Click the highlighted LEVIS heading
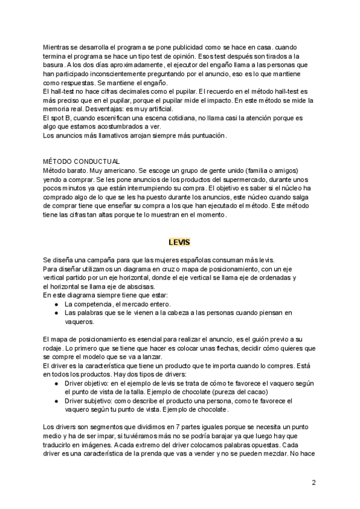pyautogui.click(x=179, y=242)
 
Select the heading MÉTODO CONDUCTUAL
pyautogui.click(x=82, y=161)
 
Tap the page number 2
pyautogui.click(x=314, y=482)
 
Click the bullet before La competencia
pyautogui.click(x=56, y=304)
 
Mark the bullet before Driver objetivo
pyautogui.click(x=56, y=383)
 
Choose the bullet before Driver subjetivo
pyautogui.click(x=56, y=400)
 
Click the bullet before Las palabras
pyautogui.click(x=56, y=313)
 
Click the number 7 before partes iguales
pyautogui.click(x=176, y=426)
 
